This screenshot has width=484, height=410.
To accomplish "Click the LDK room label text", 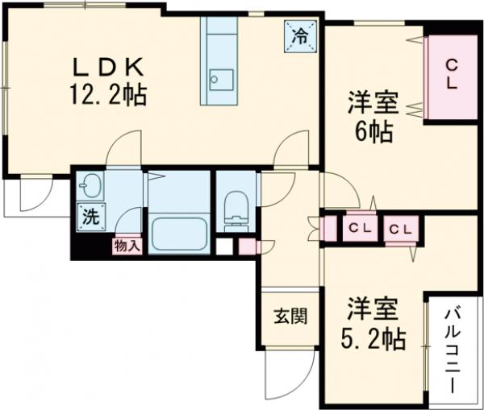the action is coord(108,67).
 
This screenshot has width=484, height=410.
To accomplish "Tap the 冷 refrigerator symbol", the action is coord(300,36).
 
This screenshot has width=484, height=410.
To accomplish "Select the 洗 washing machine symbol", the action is coord(92,217).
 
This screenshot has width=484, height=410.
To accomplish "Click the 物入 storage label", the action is coord(127,246).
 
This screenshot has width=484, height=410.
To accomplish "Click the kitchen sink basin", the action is coord(221,80).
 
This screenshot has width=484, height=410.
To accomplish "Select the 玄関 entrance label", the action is coord(290,316).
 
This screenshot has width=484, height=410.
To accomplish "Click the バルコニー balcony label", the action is coord(453,348).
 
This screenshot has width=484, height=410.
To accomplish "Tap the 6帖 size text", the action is coord(373,132).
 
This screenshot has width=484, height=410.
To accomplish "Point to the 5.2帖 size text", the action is coord(373,339).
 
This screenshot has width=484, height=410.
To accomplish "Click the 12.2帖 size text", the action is coord(108,94).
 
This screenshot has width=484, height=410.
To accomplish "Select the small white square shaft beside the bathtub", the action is coord(224,246).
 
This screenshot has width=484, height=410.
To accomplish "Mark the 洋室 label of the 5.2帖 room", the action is coord(373,309).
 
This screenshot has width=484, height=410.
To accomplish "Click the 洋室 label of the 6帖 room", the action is coord(373,103).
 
